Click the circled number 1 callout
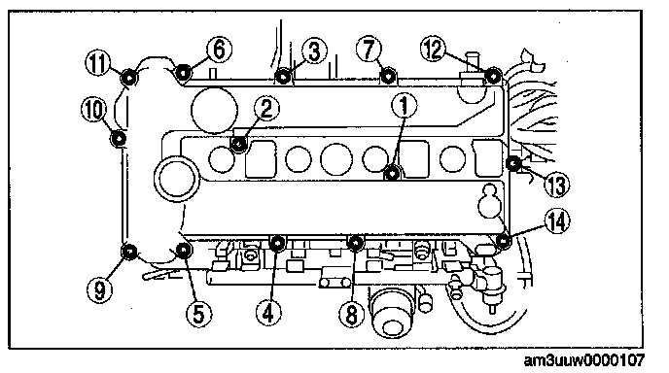pyautogui.click(x=404, y=105)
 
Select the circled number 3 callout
pyautogui.click(x=313, y=51)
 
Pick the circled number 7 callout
pyautogui.click(x=370, y=49)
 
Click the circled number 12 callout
pyautogui.click(x=433, y=49)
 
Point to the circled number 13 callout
pyautogui.click(x=557, y=185)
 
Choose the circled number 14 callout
pyautogui.click(x=557, y=221)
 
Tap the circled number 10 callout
pyautogui.click(x=94, y=109)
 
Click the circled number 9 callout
pyautogui.click(x=99, y=289)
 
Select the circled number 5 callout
pyautogui.click(x=198, y=314)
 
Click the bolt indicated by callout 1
pyautogui.click(x=392, y=174)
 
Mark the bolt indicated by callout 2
pyautogui.click(x=238, y=144)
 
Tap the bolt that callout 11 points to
pyautogui.click(x=128, y=77)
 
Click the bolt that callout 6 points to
pyautogui.click(x=183, y=73)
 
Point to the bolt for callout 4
pyautogui.click(x=277, y=243)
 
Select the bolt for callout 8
pyautogui.click(x=355, y=243)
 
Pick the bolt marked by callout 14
pyautogui.click(x=504, y=241)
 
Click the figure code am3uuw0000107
pyautogui.click(x=583, y=360)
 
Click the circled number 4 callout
pyautogui.click(x=268, y=313)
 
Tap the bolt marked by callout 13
pyautogui.click(x=513, y=162)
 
